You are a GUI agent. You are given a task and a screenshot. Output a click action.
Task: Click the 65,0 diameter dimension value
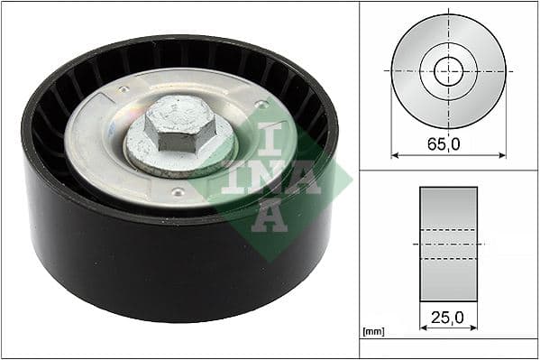pos(448,142)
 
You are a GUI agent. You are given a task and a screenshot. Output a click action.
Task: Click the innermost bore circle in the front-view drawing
pos(448,70)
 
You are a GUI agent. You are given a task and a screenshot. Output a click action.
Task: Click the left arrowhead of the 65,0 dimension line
pos(395,154)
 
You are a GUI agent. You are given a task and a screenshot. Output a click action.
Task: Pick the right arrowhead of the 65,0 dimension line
pos(502,154)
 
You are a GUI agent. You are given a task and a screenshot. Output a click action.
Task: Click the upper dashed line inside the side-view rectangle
pos(448,229)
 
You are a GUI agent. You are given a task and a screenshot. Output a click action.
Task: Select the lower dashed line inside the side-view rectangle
pos(448,259)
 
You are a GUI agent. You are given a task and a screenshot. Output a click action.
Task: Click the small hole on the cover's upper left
pos(121,90)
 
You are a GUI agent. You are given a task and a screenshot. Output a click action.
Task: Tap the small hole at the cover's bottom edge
pos(178,191)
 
